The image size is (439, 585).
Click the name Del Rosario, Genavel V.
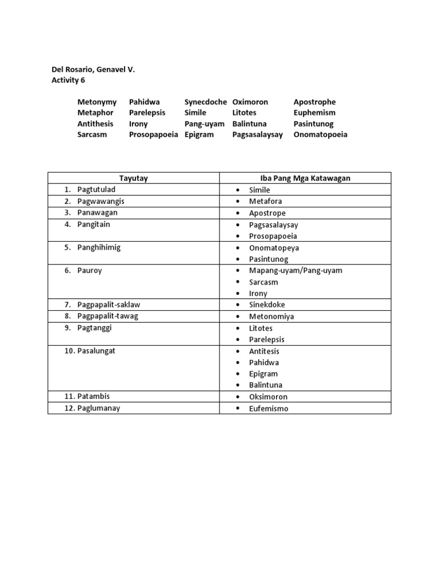point(93,70)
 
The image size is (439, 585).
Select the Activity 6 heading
point(68,81)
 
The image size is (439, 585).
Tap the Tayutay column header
point(133,178)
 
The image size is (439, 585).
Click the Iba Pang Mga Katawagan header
point(305,178)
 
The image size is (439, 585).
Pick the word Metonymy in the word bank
point(97,102)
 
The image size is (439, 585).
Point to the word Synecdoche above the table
point(205,102)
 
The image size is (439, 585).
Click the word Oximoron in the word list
point(250,102)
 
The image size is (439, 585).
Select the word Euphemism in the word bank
point(314,113)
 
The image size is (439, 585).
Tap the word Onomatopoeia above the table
point(320,135)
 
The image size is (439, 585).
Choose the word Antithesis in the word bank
point(95,123)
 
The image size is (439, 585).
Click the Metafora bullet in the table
point(265,201)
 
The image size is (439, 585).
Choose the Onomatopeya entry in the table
point(274,248)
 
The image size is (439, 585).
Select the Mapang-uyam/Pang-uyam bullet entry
point(295,271)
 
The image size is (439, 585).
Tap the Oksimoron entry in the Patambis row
point(268,397)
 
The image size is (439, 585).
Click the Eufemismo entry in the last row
point(269,408)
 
